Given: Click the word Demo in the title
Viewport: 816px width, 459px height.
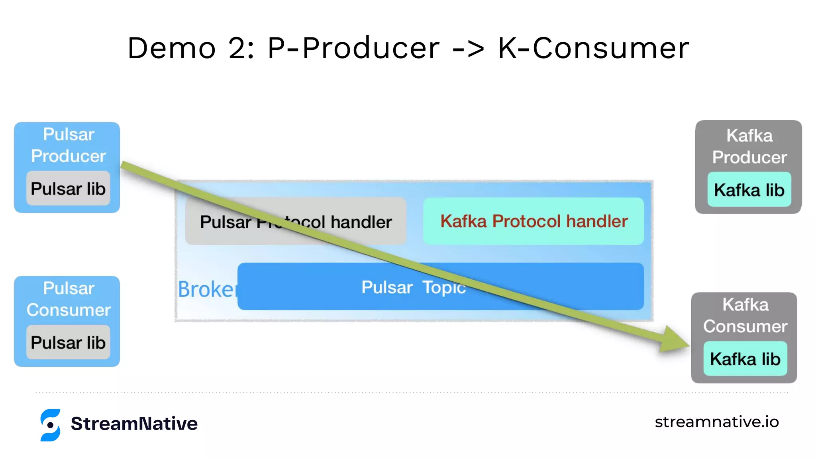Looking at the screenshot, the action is [x=172, y=48].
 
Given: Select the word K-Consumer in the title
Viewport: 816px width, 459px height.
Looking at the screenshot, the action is [x=593, y=48].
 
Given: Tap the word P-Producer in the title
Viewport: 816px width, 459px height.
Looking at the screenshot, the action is [x=353, y=48].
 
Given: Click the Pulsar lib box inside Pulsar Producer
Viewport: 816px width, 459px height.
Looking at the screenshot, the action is [x=68, y=188].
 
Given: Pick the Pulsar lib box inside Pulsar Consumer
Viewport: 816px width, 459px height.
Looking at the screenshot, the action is [x=68, y=342].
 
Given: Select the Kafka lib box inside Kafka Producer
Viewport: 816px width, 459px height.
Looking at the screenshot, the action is [x=749, y=190].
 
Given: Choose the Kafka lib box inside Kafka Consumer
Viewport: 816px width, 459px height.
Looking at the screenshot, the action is [x=745, y=359].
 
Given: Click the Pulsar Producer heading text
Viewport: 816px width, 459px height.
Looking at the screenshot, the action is [x=69, y=145].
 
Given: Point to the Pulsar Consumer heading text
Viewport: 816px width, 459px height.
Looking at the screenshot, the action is [x=69, y=299].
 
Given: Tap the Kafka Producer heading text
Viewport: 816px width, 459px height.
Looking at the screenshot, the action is [x=749, y=146].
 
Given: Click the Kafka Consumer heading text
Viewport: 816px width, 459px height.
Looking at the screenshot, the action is [x=745, y=315].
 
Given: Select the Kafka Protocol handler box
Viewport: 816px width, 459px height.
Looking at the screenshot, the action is [x=534, y=221].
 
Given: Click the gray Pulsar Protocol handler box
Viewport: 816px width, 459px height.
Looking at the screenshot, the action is [x=296, y=221].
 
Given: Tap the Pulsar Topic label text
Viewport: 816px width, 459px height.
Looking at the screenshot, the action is [x=413, y=287].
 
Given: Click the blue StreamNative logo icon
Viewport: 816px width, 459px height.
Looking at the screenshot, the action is [x=50, y=425].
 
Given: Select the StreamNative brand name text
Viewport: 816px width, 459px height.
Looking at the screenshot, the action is [x=134, y=423].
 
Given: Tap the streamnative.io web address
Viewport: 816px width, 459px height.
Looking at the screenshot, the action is [x=716, y=422].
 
